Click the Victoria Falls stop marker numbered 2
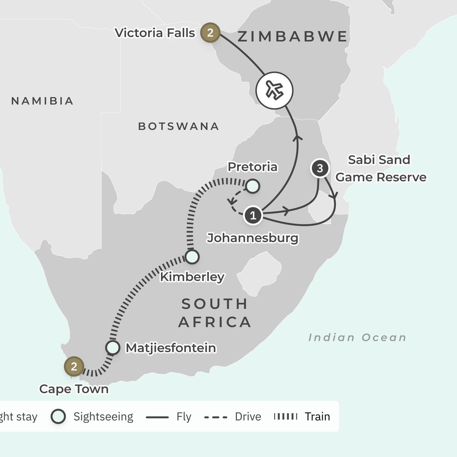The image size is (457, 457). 210,32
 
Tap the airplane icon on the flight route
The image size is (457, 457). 274,90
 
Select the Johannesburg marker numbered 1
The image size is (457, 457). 253,215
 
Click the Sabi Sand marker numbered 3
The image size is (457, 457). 320,168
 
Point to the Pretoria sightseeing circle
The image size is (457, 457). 252,186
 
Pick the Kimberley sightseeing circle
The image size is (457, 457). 192,257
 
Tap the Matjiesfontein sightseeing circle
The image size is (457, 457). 113,348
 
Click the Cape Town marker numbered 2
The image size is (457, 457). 74,366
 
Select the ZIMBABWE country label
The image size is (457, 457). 292,37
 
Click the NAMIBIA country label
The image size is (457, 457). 42,101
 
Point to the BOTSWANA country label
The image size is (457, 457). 179,126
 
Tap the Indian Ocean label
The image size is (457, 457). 357,337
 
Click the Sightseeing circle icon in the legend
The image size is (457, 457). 58,416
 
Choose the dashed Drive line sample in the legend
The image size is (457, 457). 216,417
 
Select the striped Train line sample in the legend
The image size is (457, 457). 286,417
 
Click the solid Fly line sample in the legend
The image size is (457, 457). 157,417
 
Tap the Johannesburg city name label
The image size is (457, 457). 252,238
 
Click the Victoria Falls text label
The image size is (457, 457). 155,33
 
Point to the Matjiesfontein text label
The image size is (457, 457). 171,348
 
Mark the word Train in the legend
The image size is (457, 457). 317,417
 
